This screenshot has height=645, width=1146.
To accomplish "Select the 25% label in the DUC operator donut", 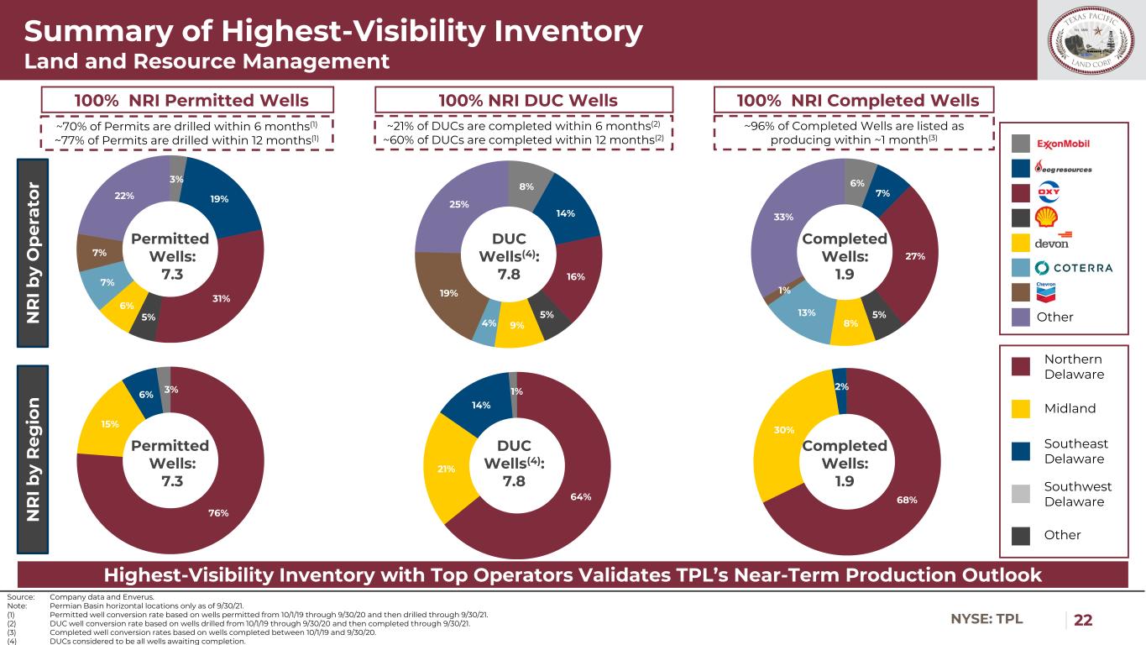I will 459,204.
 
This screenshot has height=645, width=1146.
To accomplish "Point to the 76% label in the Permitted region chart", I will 218,513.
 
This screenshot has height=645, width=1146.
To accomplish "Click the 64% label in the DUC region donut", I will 579,497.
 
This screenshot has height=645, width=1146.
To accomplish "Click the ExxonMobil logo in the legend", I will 1062,144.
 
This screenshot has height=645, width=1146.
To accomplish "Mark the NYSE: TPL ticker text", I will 986,619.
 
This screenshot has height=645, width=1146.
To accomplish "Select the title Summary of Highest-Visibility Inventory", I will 333,32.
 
